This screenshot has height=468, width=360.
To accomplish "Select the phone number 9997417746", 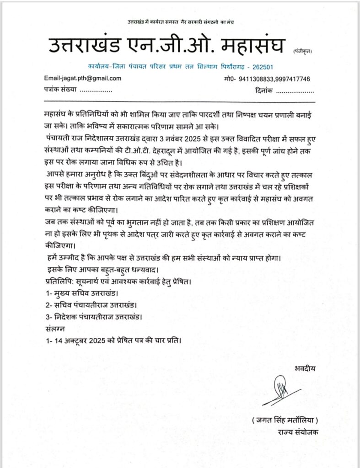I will click(295, 79).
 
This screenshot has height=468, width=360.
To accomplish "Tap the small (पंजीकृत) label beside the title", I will click(303, 52).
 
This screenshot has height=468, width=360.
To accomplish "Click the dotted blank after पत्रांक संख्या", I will click(96, 90).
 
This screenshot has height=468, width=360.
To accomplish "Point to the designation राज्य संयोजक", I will click(296, 431).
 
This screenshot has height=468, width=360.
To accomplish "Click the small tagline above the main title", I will click(182, 22).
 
